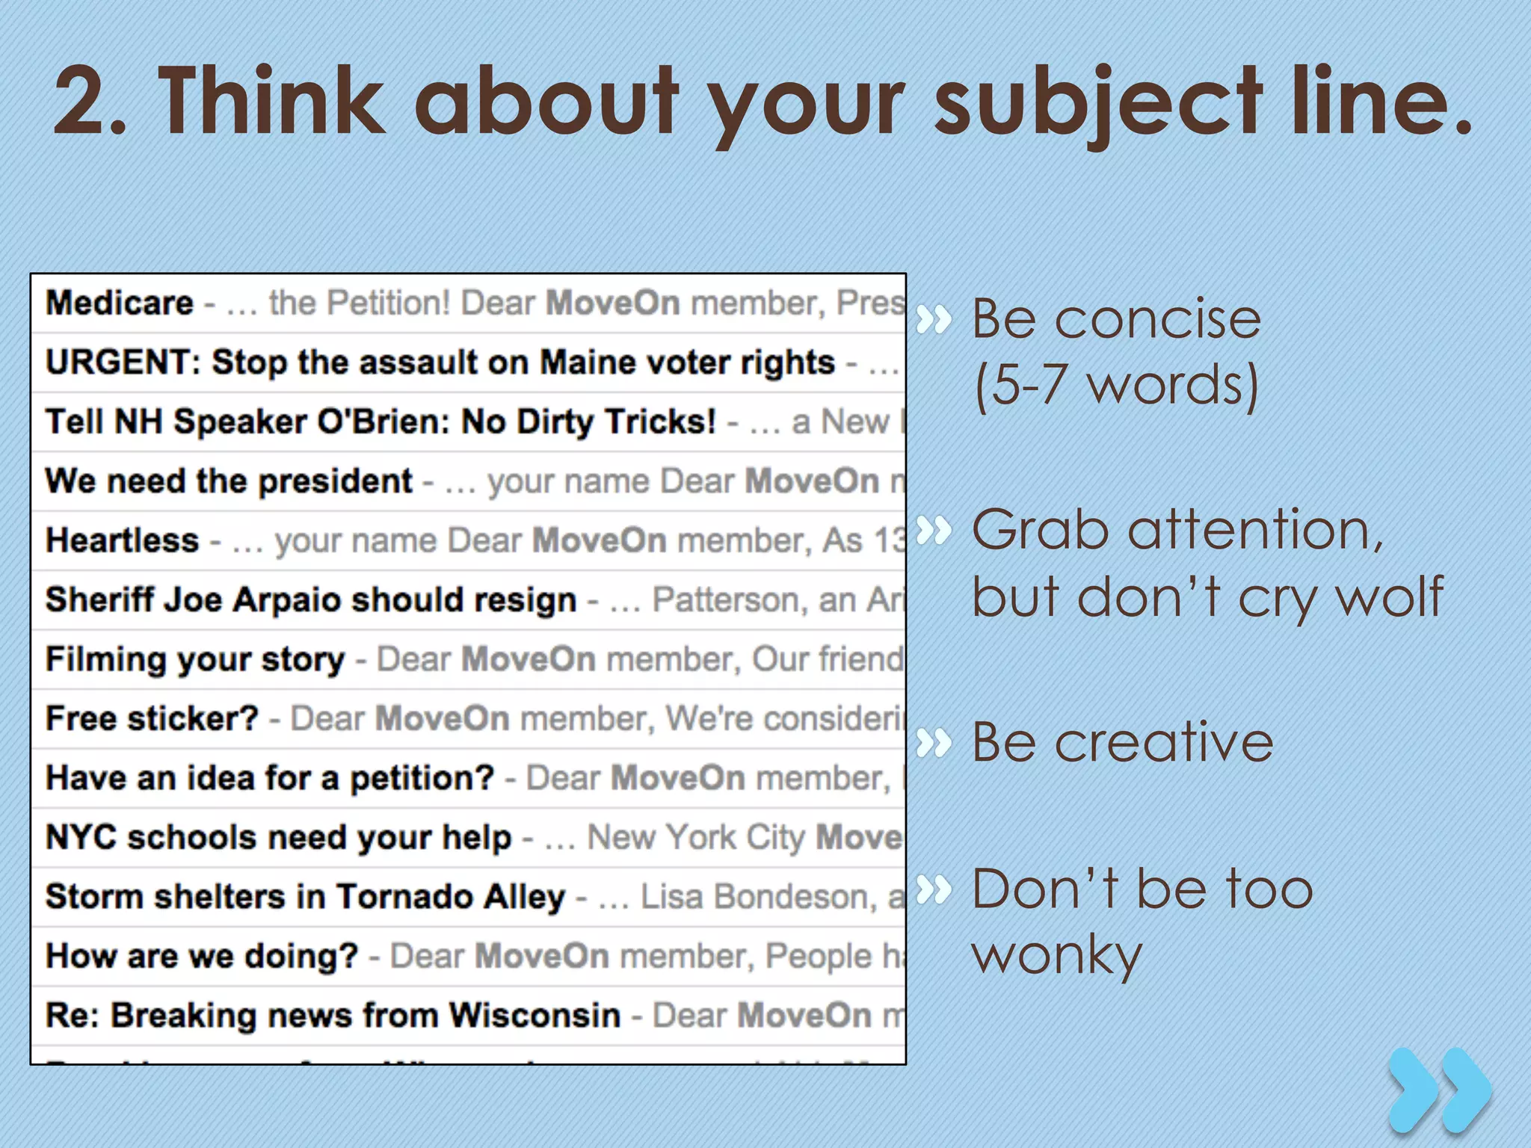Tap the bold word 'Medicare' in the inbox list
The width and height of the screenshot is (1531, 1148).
pos(120,303)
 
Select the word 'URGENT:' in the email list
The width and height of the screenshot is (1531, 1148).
pos(123,362)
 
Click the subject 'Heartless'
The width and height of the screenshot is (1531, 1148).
pos(123,540)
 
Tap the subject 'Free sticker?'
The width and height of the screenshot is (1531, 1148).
pos(152,718)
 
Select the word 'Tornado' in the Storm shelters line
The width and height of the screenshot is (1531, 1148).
pos(404,896)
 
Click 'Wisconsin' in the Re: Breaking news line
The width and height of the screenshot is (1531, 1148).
pos(535,1015)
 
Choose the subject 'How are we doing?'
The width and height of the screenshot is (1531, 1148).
pos(202,956)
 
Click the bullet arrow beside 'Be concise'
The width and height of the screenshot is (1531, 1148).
pos(934,320)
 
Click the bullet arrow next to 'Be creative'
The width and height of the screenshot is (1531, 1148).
pos(934,743)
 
